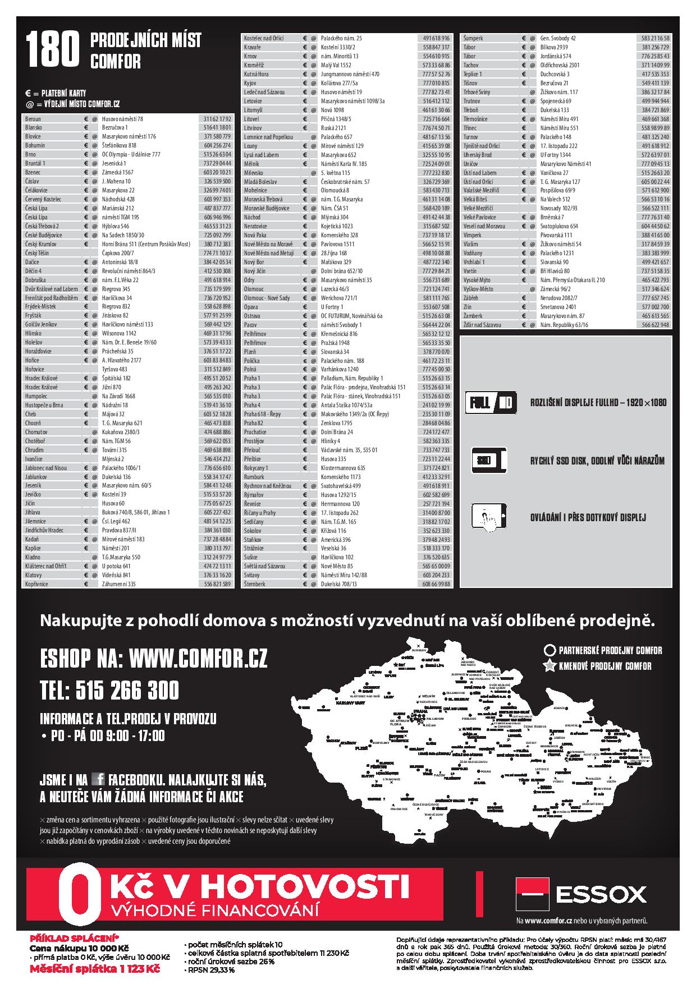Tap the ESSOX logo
tap(581, 893)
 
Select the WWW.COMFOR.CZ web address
tap(198, 658)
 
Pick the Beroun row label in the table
tap(33, 119)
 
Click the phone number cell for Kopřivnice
tap(217, 584)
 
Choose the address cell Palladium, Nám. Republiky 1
tap(352, 378)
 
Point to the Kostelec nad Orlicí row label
tap(264, 38)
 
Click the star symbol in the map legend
tap(549, 666)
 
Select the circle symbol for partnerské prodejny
tap(550, 651)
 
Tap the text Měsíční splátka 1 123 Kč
tap(95, 969)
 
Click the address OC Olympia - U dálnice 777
tap(131, 154)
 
